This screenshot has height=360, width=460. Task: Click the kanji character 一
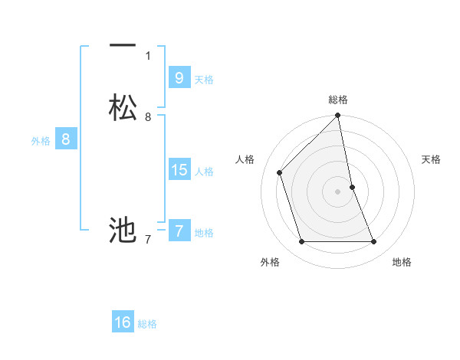[x=122, y=46]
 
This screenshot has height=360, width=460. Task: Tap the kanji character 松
[x=123, y=108]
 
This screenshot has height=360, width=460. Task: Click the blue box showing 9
[x=179, y=78]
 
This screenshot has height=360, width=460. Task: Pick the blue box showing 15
[x=179, y=170]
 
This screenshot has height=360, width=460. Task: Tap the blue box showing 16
[x=123, y=322]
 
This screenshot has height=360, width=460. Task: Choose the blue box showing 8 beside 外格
[x=66, y=139]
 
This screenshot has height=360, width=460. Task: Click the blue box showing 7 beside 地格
[x=179, y=231]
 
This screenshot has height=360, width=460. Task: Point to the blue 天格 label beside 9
[x=204, y=80]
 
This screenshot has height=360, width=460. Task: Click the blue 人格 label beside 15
[x=204, y=172]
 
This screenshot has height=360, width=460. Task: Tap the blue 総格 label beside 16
[x=147, y=324]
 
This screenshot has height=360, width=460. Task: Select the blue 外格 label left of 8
[x=41, y=141]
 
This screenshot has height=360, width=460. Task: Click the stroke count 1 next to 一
[x=148, y=55]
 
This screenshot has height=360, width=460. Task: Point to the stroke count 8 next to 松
[x=148, y=117]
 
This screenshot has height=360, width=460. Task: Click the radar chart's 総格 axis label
[x=338, y=100]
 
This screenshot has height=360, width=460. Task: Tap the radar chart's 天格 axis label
[x=431, y=159]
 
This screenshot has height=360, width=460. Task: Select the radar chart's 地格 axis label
[x=402, y=262]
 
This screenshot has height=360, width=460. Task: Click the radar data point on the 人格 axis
[x=280, y=172]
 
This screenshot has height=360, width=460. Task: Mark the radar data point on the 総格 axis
[x=338, y=116]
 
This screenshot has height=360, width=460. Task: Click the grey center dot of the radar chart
[x=338, y=191]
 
